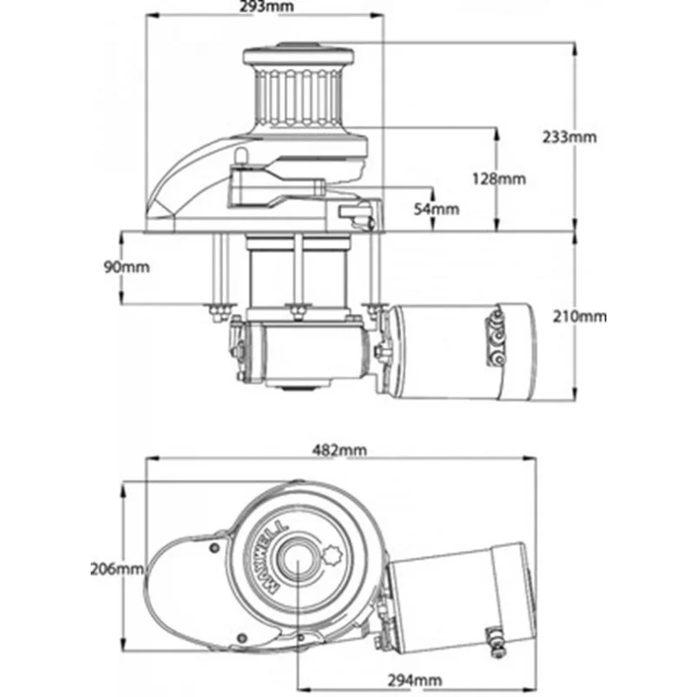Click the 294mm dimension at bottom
[x=413, y=680]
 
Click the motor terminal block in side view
[x=495, y=341]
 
